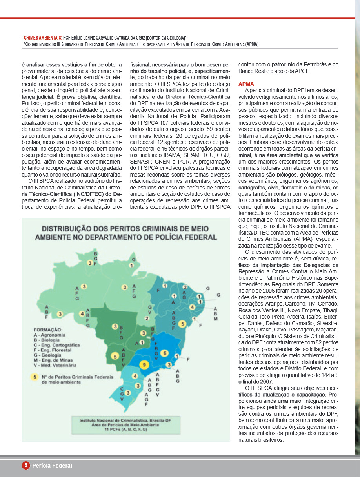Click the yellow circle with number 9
coord(144,365)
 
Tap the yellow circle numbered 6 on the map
coord(165,353)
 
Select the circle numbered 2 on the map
coord(147,318)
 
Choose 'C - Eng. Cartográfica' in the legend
coord(57,344)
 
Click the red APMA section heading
coord(246,84)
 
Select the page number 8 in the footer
coord(26,465)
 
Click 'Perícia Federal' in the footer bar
coord(52,466)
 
